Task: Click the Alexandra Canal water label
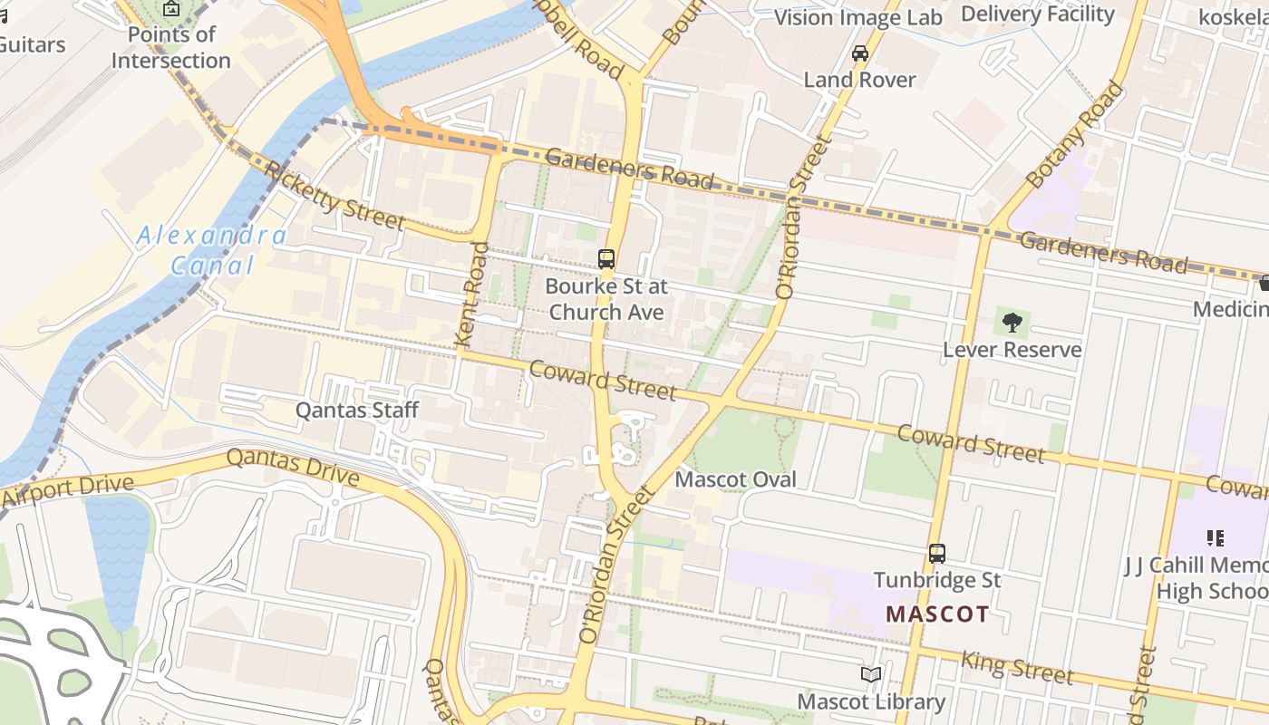coord(212,251)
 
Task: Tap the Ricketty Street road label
coord(334,196)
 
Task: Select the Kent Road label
coord(474,294)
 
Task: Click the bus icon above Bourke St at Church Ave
coord(606,259)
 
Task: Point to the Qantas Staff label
coord(357,411)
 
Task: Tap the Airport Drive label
coord(67,490)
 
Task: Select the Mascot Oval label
coord(736,479)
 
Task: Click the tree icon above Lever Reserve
coord(1012,322)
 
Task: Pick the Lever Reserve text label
coord(1012,350)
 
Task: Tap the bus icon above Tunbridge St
coord(937,553)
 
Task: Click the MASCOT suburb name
coord(937,614)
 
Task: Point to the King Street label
coord(1017,667)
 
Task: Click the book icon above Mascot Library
coord(870,675)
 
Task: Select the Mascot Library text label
coord(870,701)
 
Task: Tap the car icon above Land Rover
coord(859,53)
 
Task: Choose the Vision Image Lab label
coord(857,17)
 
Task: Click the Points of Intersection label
coord(170,47)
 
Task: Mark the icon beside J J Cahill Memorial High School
coord(1215,538)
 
